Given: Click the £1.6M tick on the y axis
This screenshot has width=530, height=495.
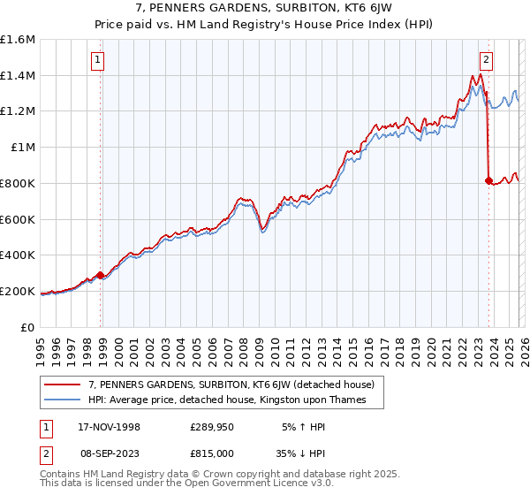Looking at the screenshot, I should (x=18, y=40).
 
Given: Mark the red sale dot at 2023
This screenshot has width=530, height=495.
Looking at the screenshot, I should (x=488, y=180).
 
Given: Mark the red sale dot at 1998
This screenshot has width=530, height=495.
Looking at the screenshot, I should (x=101, y=275).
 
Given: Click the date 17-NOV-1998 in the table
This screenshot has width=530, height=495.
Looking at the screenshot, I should (x=110, y=426).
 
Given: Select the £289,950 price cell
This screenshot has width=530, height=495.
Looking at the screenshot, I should (x=214, y=426).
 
